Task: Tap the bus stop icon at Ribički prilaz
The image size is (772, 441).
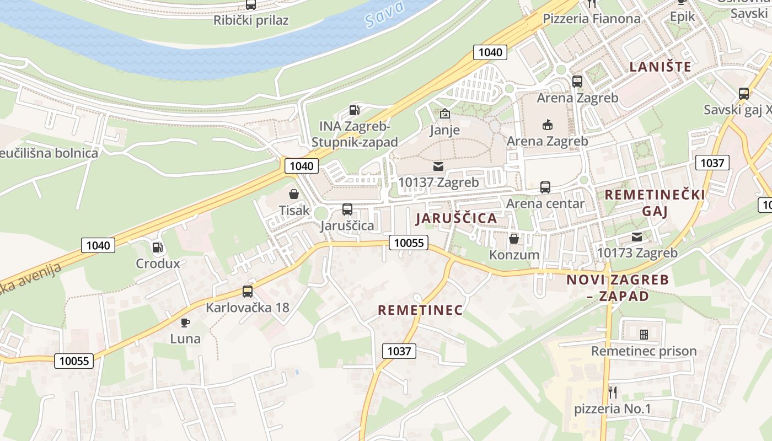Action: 251,4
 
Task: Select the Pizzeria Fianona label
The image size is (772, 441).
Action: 592,18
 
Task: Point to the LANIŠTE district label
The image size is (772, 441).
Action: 660,67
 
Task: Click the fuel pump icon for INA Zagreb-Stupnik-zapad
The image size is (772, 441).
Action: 355,110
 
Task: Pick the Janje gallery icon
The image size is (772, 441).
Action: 444,114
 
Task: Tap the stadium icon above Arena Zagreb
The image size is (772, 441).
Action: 548,125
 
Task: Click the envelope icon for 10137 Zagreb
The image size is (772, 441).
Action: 438,166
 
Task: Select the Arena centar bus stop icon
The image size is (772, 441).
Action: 545,187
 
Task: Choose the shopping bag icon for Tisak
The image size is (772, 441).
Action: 294,194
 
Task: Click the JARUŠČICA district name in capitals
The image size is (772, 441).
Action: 456,218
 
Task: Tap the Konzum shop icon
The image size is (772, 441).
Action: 514,239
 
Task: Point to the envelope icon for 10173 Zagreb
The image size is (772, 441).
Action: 637,237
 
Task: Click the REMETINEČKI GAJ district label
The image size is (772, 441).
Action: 655,203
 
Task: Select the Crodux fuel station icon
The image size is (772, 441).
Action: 158,248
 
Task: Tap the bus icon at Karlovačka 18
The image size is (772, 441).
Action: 248,292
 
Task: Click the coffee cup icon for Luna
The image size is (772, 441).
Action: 185,322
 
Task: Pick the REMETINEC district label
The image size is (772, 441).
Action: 420,310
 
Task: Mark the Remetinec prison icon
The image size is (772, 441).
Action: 644,335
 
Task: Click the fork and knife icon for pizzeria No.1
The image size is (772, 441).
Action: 613,392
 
